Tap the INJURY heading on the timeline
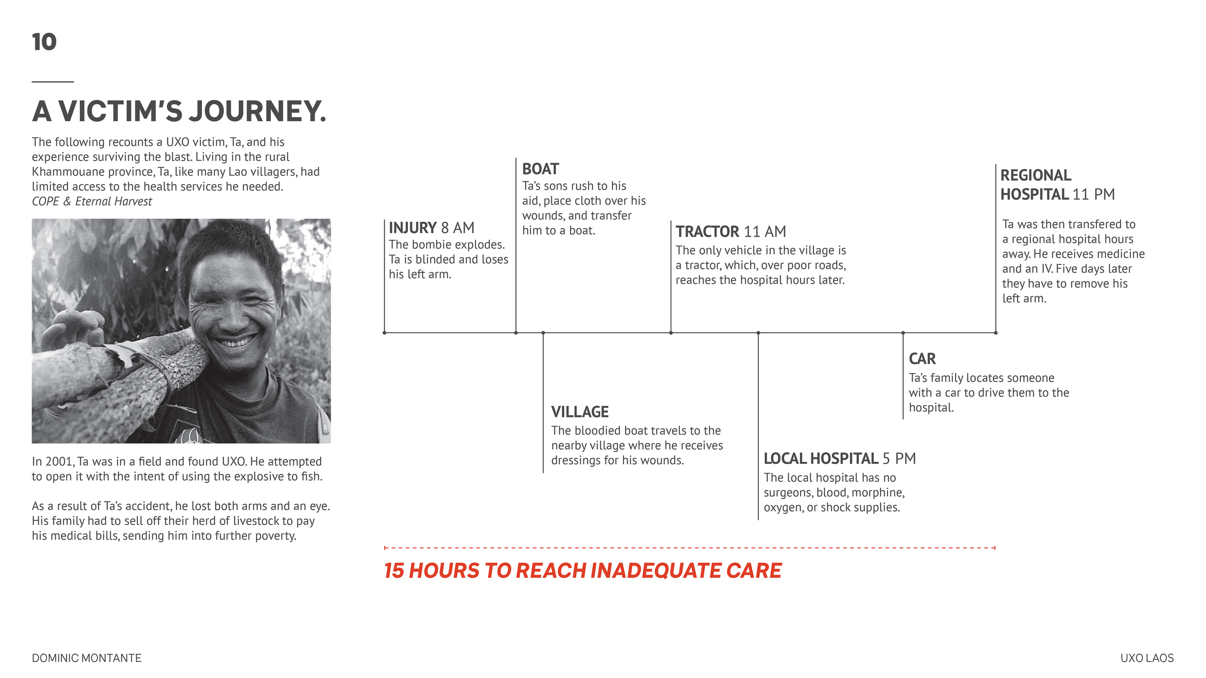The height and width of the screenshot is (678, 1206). coord(412,228)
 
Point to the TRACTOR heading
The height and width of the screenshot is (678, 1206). coord(707,231)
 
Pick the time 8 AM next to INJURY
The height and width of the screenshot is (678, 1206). coord(458,228)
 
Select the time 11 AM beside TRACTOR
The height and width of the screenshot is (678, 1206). coord(765,231)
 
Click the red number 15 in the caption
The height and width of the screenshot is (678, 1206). coord(394,571)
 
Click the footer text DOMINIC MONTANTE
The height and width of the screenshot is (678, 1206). coord(87,658)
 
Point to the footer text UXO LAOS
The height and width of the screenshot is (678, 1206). coord(1147,658)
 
